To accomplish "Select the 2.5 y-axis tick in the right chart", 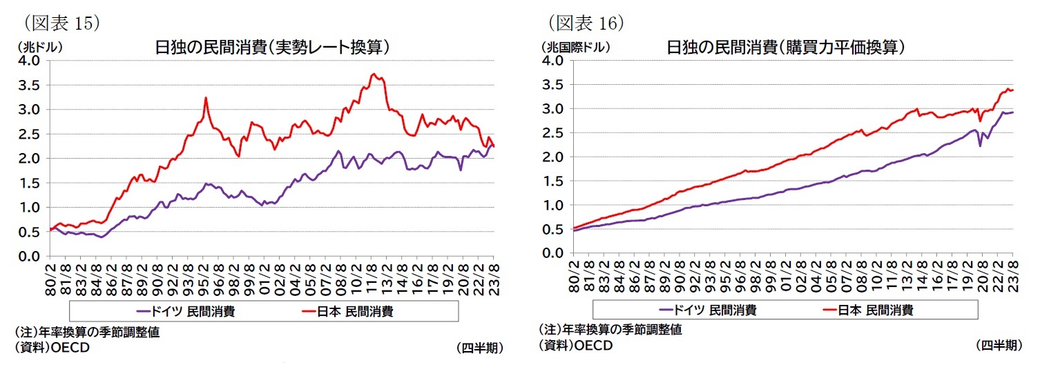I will point(553,133).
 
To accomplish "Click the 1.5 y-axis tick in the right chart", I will point(553,181).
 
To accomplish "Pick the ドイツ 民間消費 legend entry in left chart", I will point(188,311).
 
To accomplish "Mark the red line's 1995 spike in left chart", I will point(206,98).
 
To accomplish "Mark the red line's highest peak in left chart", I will point(373,74).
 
